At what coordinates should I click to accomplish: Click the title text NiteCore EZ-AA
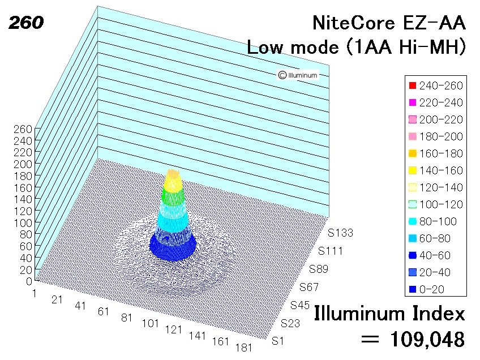click(389, 23)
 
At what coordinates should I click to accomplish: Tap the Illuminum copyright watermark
click(298, 75)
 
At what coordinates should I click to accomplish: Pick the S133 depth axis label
click(341, 233)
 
